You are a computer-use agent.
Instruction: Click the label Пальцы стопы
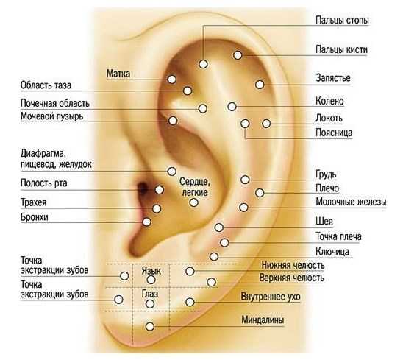[x=342, y=21]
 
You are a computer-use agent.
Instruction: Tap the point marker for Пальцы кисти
[x=238, y=55]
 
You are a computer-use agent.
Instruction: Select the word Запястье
[x=333, y=78]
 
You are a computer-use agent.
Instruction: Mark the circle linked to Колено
[x=232, y=107]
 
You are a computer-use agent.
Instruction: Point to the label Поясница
[x=334, y=133]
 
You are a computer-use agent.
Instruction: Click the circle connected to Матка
[x=171, y=79]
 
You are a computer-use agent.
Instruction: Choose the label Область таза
[x=46, y=85]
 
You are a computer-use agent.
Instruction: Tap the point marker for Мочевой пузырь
[x=173, y=121]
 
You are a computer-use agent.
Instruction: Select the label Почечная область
[x=54, y=104]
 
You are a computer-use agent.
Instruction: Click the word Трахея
[x=34, y=202]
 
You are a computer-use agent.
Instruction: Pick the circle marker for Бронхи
[x=146, y=222]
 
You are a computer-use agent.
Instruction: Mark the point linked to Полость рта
[x=160, y=190]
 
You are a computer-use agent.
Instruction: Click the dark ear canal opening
[x=142, y=189]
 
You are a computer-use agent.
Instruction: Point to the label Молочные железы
[x=351, y=202]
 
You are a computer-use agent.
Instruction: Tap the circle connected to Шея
[x=218, y=227]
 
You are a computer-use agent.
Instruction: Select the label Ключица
[x=332, y=252]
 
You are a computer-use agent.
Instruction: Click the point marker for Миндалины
[x=150, y=327]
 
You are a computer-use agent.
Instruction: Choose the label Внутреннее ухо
[x=271, y=297]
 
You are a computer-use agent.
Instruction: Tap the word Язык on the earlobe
[x=151, y=271]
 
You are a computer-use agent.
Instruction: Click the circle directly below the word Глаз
[x=150, y=304]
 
